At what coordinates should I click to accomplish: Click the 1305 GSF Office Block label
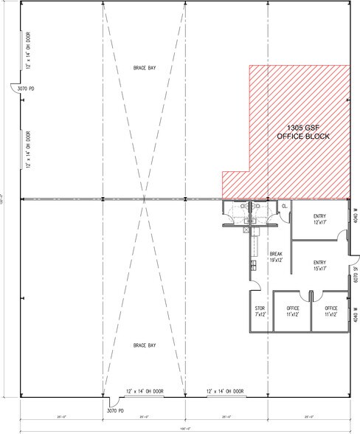tap(302, 132)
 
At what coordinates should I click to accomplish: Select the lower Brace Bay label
tap(144, 345)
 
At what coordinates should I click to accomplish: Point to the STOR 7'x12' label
tap(260, 311)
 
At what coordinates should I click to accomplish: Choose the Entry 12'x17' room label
tap(319, 219)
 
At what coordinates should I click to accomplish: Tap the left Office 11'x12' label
tap(293, 311)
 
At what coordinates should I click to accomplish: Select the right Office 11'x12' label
tap(330, 311)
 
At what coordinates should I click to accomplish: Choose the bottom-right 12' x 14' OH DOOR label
tap(221, 390)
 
